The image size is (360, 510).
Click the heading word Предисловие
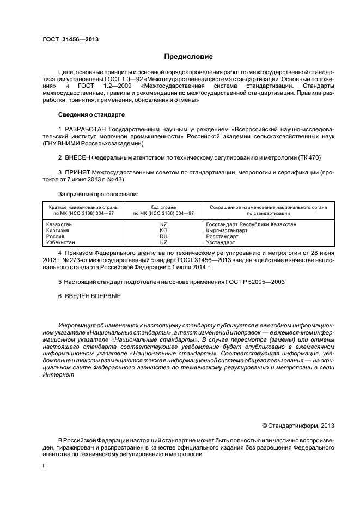click(188, 56)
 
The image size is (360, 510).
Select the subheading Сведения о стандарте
click(91, 115)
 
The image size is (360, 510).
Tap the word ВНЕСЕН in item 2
click(77, 157)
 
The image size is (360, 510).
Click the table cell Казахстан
click(59, 224)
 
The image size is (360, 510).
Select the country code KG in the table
click(163, 230)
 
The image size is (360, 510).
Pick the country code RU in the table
click(163, 236)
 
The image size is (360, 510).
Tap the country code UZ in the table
click(163, 242)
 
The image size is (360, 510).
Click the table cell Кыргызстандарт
click(227, 230)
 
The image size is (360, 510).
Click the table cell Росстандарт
click(222, 236)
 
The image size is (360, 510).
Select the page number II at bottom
click(44, 466)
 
